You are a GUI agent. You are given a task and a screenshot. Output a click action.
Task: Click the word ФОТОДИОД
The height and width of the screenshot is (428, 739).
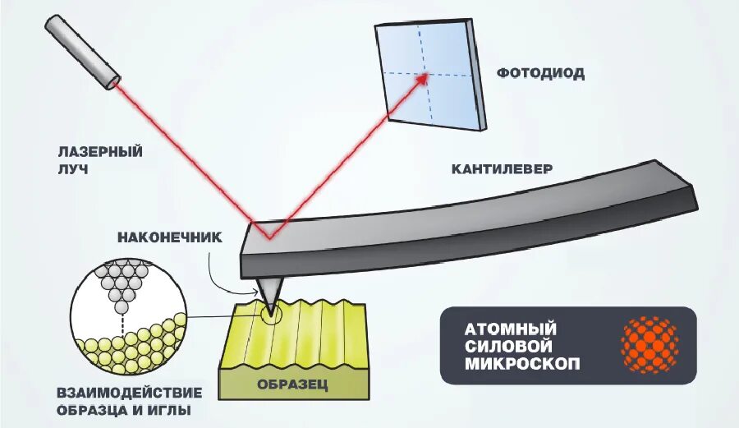click(540, 73)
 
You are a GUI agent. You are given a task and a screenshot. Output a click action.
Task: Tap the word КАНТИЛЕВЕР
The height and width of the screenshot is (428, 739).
click(502, 168)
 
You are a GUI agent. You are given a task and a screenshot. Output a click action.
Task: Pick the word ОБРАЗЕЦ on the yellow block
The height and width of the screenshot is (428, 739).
click(292, 384)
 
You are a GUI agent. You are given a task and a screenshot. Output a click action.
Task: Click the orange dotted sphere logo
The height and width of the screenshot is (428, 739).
click(650, 346)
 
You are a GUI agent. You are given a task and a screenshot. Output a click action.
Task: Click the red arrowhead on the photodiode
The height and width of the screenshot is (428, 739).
click(424, 77)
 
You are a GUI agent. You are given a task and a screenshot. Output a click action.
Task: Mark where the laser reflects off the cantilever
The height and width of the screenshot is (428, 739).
click(267, 239)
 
